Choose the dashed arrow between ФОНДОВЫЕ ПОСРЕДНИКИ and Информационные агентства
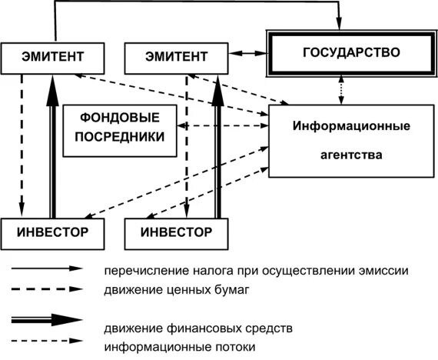click(223, 125)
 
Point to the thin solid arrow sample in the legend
click(46, 269)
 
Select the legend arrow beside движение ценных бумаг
click(46, 290)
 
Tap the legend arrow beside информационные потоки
click(46, 340)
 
